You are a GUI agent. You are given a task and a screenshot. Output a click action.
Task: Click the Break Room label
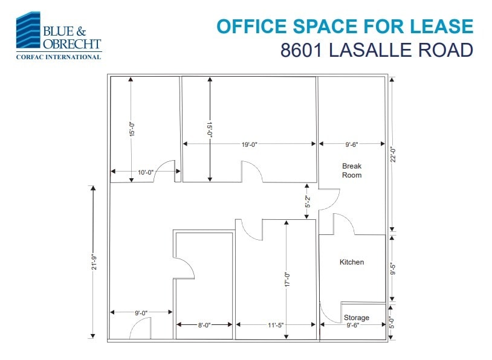pyautogui.click(x=352, y=170)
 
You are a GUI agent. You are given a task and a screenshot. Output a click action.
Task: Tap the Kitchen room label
pyautogui.click(x=352, y=262)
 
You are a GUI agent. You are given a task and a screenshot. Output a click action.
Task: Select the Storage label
pyautogui.click(x=356, y=318)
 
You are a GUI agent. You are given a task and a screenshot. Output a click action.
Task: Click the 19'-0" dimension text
pyautogui.click(x=250, y=144)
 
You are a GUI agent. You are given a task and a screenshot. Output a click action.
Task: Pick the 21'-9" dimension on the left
pyautogui.click(x=94, y=264)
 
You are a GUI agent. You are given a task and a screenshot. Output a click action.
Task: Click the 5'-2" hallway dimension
pyautogui.click(x=308, y=202)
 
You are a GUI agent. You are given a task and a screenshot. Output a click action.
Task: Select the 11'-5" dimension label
pyautogui.click(x=276, y=325)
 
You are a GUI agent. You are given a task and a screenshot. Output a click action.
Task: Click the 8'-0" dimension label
pyautogui.click(x=204, y=325)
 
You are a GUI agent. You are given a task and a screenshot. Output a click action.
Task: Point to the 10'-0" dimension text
pyautogui.click(x=145, y=173)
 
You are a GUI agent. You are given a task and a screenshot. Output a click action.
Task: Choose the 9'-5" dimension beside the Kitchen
pyautogui.click(x=392, y=267)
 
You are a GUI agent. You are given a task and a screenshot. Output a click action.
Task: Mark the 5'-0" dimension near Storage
pyautogui.click(x=392, y=323)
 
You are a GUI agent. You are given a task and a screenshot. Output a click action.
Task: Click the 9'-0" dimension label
pyautogui.click(x=141, y=312)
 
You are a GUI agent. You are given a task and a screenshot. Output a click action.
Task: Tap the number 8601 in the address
pyautogui.click(x=302, y=50)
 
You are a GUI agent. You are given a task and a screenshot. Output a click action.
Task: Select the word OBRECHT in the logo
pyautogui.click(x=72, y=44)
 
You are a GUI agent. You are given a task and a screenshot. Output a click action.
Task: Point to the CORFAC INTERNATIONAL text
pyautogui.click(x=58, y=57)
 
